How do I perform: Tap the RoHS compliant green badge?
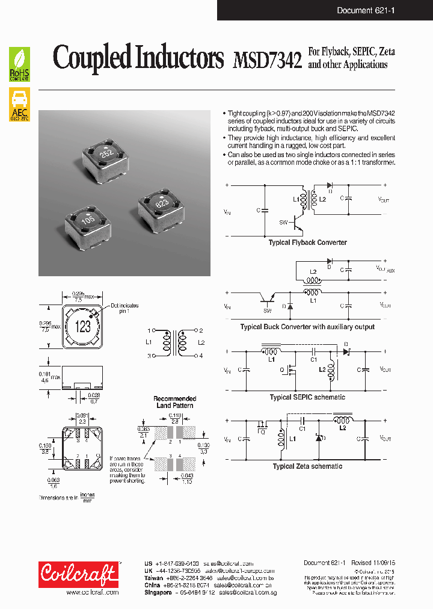20,65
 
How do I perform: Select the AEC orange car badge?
20,105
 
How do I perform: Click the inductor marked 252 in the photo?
107,153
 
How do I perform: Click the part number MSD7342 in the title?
266,61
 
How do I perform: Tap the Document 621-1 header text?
366,10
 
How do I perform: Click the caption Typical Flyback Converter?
307,243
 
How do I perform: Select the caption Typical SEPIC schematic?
307,397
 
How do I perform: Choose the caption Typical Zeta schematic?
307,466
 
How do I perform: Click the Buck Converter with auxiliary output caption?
307,327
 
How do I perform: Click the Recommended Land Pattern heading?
174,402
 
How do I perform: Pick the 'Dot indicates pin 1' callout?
124,309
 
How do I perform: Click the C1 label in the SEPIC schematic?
313,359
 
